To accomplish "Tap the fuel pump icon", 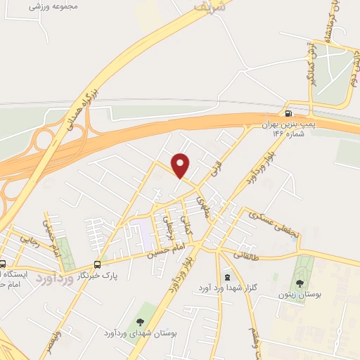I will pos(288,114).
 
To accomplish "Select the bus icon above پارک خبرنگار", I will pos(96,264).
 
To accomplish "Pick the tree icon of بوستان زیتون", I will pos(300,283).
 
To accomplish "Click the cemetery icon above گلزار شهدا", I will pos(226,277).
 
